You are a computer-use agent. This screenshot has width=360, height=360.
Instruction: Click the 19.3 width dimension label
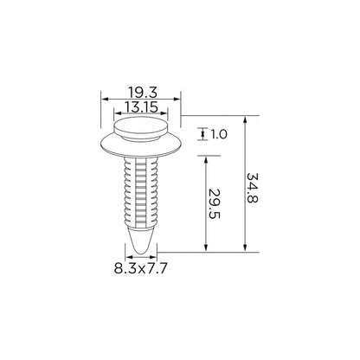(143, 93)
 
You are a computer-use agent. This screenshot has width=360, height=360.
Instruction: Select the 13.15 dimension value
(142, 107)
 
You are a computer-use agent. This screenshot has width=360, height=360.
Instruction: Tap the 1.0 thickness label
(219, 134)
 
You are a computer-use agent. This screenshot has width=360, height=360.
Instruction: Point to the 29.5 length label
(215, 203)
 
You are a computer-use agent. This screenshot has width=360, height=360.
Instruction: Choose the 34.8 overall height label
(252, 188)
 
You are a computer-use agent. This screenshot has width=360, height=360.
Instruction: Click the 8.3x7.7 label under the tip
(141, 268)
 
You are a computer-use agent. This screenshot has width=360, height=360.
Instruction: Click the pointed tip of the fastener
(141, 253)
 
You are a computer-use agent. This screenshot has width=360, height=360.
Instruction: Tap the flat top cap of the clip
(140, 125)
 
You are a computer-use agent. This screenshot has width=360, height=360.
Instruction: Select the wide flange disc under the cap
(141, 145)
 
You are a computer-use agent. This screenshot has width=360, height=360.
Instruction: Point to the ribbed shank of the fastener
(141, 191)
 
